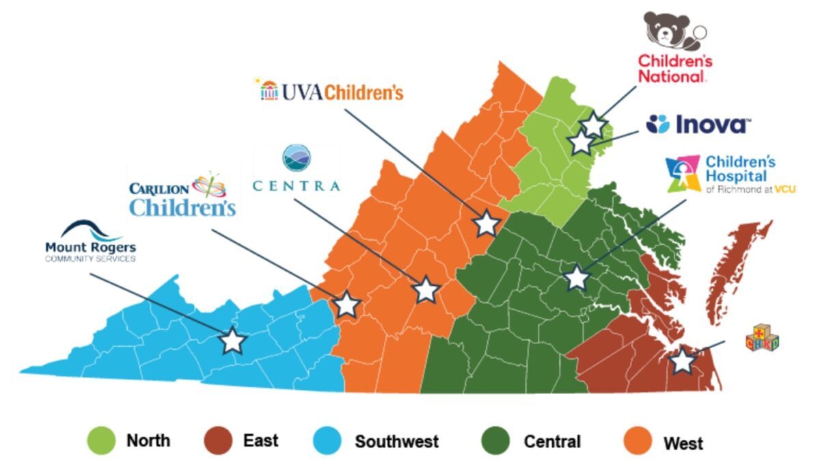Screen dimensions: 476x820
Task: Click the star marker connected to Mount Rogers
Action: pos(233,340)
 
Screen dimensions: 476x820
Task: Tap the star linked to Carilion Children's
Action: pos(346,304)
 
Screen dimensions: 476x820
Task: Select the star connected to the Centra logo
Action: pos(426,289)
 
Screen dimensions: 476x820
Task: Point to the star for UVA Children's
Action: pos(486,223)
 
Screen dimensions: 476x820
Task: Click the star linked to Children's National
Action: pos(593,125)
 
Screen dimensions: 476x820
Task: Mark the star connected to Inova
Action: pos(580,142)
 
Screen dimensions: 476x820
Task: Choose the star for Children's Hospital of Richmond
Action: pos(577,278)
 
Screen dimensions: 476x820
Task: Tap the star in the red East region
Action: pos(682,360)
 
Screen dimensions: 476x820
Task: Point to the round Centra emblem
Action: pos(297,158)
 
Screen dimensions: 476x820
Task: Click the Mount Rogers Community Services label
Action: pos(90,251)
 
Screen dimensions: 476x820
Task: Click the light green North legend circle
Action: pos(101,440)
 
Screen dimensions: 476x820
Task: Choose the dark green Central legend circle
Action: pos(496,440)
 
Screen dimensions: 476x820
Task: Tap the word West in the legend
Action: pos(683,443)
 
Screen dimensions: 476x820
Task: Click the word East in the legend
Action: pos(260,440)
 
